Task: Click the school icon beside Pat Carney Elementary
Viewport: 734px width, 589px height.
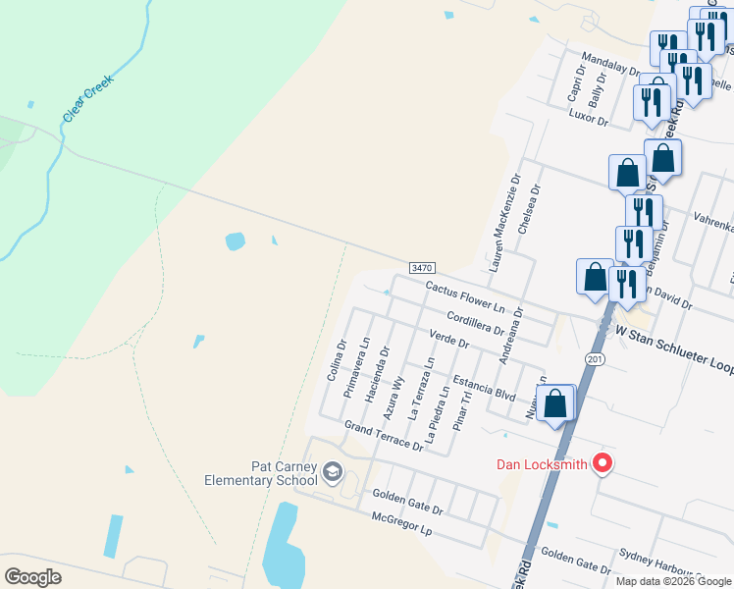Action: (334, 474)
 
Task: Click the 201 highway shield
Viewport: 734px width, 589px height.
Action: (596, 359)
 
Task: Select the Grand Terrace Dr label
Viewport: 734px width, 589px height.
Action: (384, 436)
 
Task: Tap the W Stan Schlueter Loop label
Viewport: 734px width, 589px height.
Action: (675, 343)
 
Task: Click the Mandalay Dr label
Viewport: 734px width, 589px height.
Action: (610, 64)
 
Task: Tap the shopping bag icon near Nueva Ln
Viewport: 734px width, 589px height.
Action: (554, 403)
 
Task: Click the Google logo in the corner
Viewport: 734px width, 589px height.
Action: (33, 577)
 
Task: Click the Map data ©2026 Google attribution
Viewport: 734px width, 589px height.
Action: (673, 581)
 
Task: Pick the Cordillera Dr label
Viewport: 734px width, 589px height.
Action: (474, 323)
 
